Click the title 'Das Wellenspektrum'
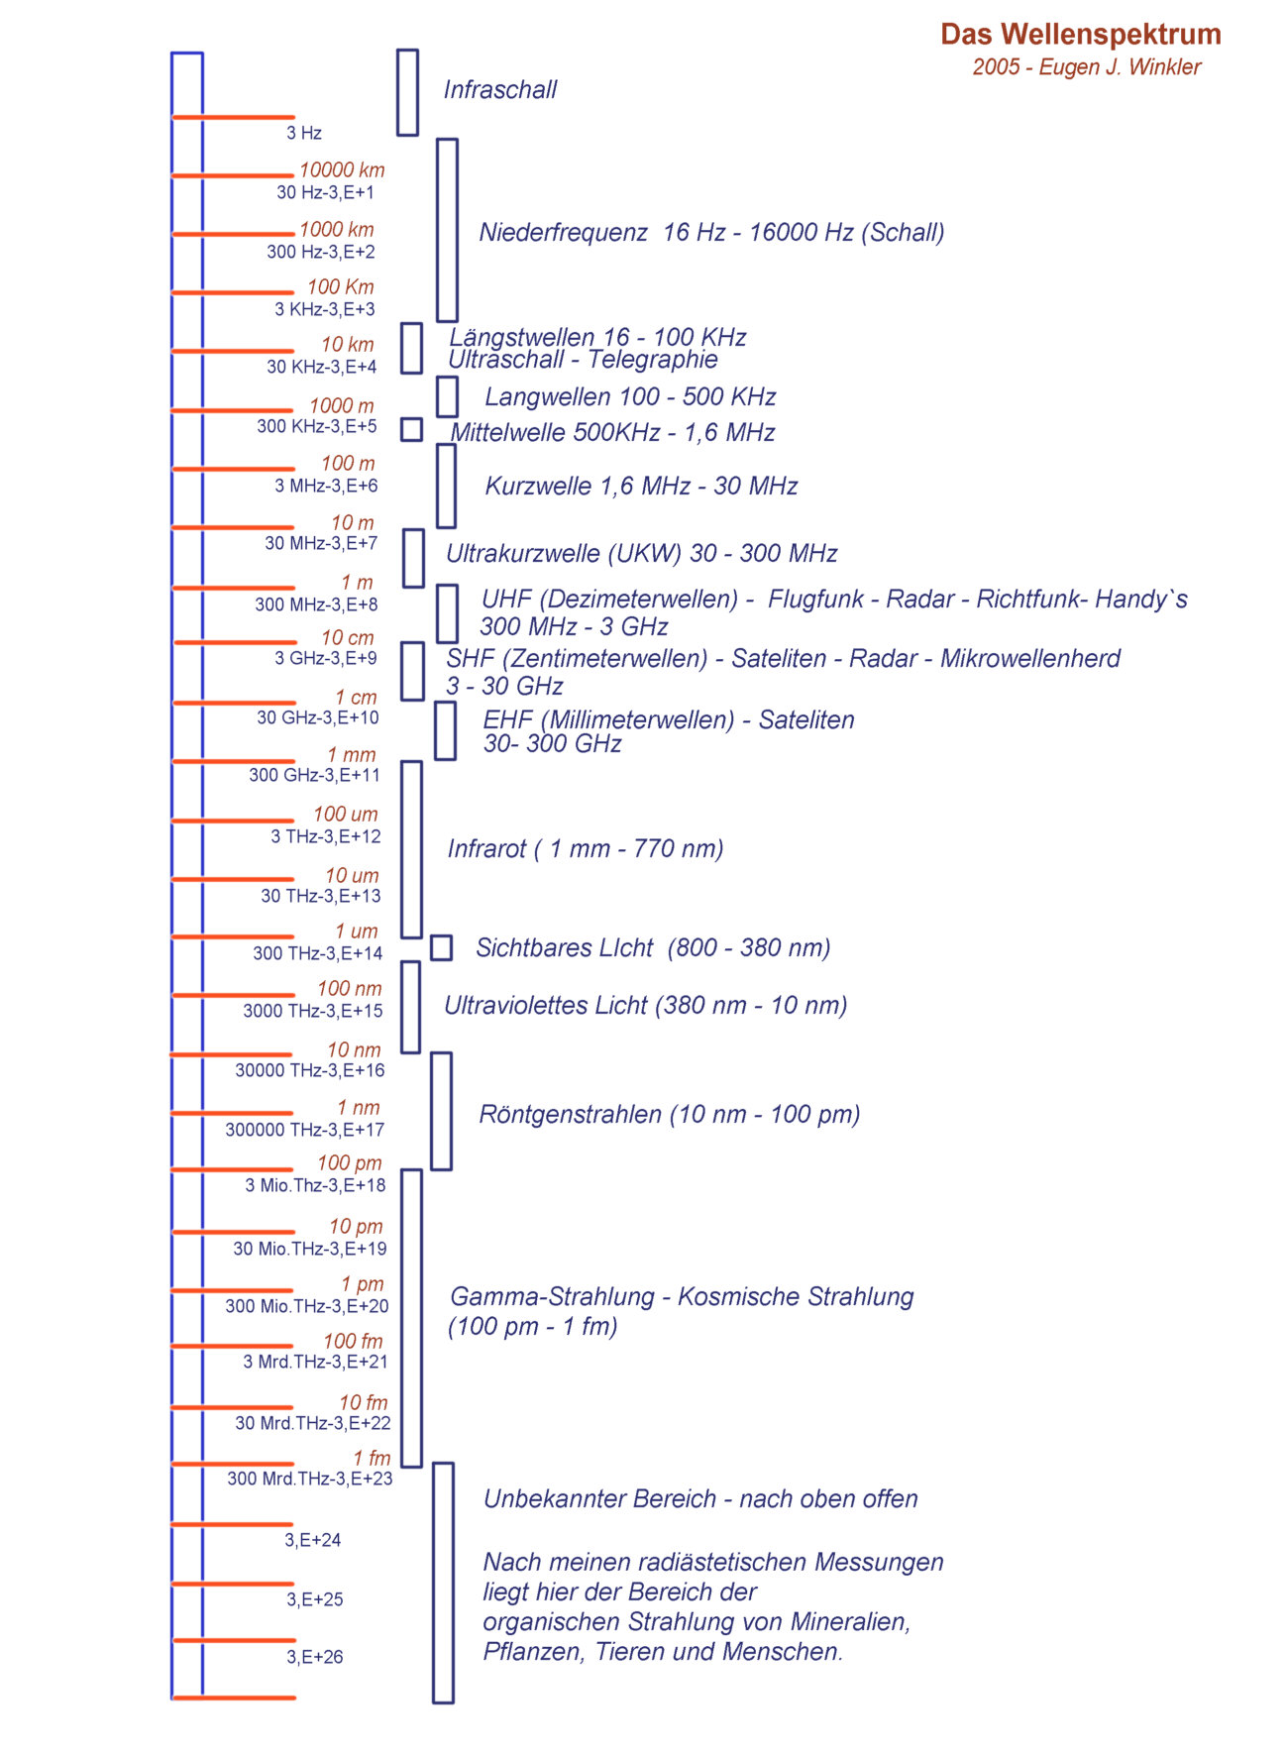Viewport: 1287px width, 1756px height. tap(1080, 35)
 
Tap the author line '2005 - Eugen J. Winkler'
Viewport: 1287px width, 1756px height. tap(1086, 67)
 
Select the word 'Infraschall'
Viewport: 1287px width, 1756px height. tap(500, 89)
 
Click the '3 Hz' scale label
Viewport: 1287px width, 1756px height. tap(304, 133)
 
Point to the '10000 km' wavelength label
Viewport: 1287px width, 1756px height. tap(342, 169)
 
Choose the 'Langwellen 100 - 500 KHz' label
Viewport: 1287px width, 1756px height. tap(630, 396)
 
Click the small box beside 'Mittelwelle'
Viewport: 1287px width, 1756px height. tap(411, 429)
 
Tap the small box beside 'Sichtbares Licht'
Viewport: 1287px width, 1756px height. tap(441, 947)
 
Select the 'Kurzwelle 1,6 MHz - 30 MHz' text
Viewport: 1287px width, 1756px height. tap(641, 486)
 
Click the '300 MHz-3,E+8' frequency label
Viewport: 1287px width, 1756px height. tap(316, 604)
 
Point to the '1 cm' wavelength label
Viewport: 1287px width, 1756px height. tap(356, 697)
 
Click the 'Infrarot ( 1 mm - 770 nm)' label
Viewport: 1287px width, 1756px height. tap(586, 849)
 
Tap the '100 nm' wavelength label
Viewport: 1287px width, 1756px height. tap(349, 988)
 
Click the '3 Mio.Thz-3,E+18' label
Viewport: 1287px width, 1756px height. tap(315, 1185)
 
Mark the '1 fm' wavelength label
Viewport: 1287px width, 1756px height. tap(372, 1458)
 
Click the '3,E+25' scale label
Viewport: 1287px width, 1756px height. tap(315, 1599)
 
